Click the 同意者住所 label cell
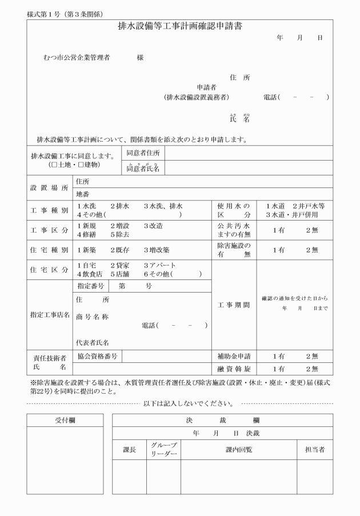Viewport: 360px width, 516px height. (143, 153)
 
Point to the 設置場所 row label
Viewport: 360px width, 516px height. (49, 187)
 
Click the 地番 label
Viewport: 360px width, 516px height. (83, 194)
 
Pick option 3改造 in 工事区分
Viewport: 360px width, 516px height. (154, 226)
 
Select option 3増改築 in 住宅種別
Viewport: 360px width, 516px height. (156, 250)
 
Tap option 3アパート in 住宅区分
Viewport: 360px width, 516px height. (160, 266)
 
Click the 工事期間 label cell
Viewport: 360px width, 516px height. (234, 305)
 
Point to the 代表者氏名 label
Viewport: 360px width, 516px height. (93, 343)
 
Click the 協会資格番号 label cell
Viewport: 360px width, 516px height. (98, 356)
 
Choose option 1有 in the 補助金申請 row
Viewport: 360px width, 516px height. (278, 356)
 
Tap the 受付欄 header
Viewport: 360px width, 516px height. (65, 420)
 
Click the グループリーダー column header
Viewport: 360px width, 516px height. (163, 449)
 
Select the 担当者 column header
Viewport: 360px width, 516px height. (314, 450)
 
